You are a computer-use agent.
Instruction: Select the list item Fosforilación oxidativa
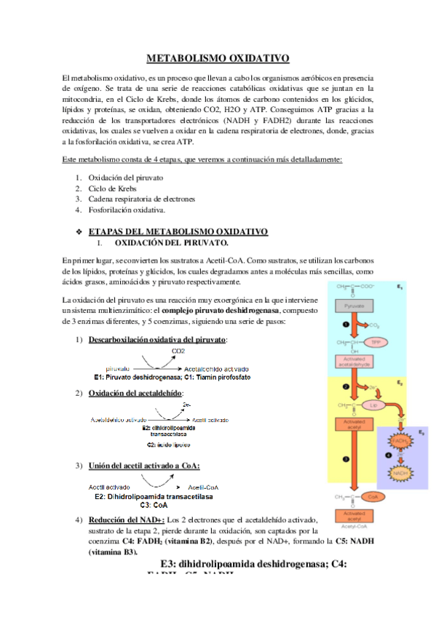(x=127, y=210)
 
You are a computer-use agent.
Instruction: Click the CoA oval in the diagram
(x=374, y=497)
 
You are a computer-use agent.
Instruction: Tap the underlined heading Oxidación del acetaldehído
(x=137, y=394)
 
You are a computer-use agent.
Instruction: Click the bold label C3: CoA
(x=155, y=504)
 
